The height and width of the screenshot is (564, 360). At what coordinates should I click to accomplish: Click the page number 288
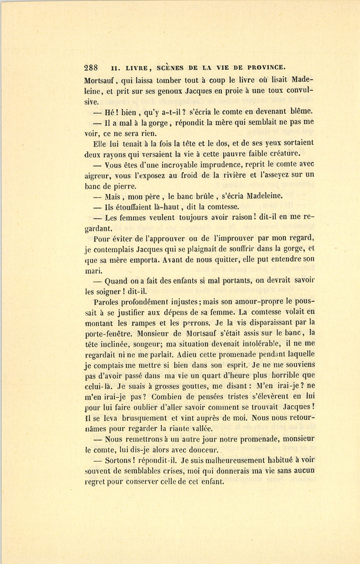92,67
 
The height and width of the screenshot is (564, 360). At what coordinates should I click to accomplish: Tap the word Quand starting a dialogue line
117,281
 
